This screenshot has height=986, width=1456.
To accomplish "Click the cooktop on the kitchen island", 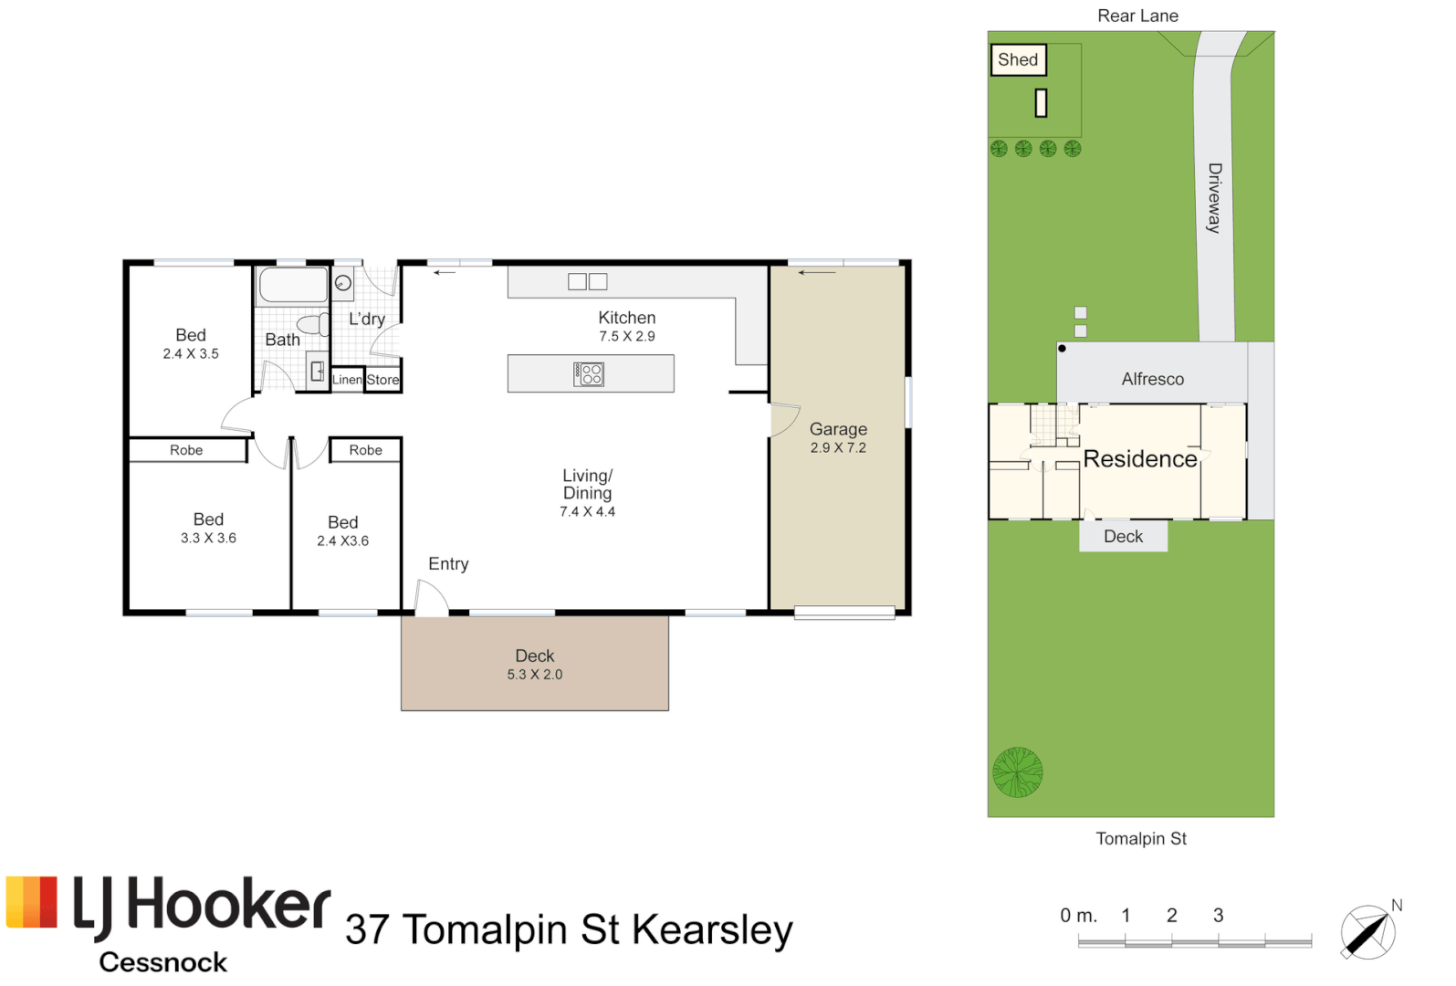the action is (x=589, y=373).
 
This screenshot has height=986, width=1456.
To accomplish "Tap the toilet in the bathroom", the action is (x=314, y=324).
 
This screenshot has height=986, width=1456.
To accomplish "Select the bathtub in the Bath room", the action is (x=293, y=286).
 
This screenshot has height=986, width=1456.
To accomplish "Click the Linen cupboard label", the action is (x=347, y=380).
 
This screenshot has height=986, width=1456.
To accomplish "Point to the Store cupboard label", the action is (x=382, y=380).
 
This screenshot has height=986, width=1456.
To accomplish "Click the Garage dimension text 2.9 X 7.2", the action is (x=838, y=448).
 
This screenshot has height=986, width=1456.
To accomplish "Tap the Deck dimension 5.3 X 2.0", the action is (x=535, y=675).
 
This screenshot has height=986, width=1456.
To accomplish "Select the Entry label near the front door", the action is (x=448, y=563).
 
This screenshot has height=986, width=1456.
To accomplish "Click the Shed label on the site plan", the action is (x=1018, y=59).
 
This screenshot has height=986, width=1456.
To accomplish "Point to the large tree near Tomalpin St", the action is (x=1018, y=771).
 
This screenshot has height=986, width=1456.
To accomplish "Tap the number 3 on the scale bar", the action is (x=1219, y=915).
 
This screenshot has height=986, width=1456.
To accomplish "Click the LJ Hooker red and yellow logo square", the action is (x=32, y=902).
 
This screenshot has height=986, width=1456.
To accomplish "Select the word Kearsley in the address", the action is (x=712, y=930).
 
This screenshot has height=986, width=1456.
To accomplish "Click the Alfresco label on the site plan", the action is (x=1152, y=379).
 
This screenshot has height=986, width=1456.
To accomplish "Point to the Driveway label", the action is (x=1214, y=197).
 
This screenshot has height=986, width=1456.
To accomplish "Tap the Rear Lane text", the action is (x=1137, y=16).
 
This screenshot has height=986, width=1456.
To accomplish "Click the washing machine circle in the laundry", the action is (x=343, y=283).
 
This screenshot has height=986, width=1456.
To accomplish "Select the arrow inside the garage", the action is (x=817, y=273).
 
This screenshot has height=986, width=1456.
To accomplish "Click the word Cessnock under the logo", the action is (x=162, y=962).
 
